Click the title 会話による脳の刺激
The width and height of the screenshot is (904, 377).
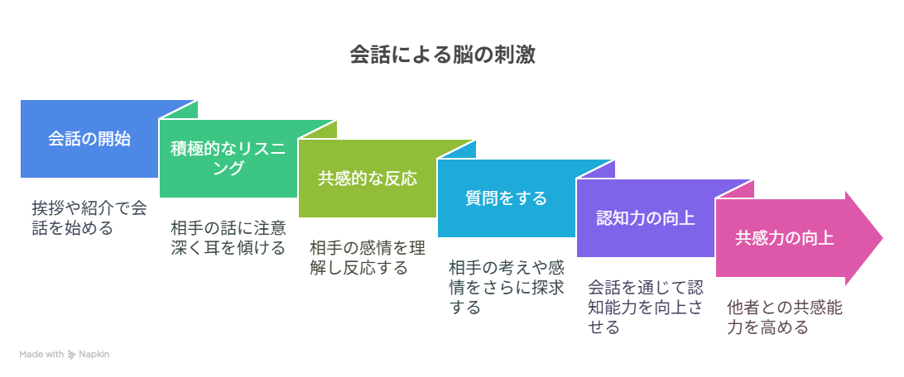click(x=443, y=55)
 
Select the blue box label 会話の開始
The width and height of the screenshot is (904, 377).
click(x=89, y=139)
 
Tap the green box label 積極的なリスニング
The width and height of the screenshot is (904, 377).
click(x=228, y=159)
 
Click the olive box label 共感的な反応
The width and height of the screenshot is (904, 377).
click(x=368, y=179)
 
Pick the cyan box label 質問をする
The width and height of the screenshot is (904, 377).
click(x=506, y=198)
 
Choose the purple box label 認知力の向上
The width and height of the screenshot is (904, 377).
click(x=645, y=218)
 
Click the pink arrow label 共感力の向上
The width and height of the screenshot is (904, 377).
click(x=785, y=238)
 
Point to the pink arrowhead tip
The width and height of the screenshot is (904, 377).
click(x=882, y=238)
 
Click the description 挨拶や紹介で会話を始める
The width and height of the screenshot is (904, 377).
click(x=89, y=217)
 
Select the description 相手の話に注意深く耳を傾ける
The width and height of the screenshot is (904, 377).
click(x=228, y=237)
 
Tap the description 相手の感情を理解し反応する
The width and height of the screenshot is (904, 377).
click(x=368, y=257)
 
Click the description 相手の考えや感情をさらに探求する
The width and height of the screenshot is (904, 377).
click(x=506, y=287)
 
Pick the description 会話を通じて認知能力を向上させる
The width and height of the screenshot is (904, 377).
click(x=645, y=307)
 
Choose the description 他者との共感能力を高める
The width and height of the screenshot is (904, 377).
click(x=785, y=317)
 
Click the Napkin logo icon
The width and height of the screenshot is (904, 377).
click(x=72, y=355)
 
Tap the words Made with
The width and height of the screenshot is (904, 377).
click(x=41, y=355)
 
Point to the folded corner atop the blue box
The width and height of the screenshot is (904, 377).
click(x=178, y=110)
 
